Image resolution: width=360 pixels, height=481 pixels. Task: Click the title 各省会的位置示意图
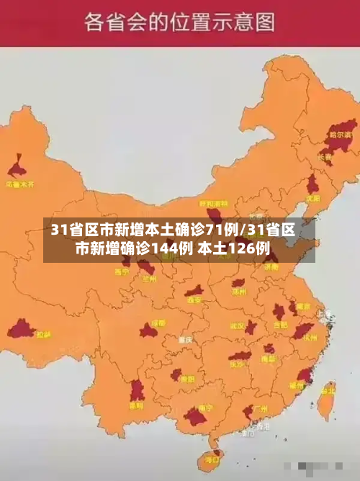(179, 22)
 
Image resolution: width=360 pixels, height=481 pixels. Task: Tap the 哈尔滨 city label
(339, 134)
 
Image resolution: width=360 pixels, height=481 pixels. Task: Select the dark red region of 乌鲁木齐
(17, 168)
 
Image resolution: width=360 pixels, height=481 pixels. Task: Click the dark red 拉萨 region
(21, 330)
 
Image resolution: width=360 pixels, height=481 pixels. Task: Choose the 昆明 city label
(135, 405)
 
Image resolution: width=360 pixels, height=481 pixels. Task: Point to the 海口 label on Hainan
(212, 458)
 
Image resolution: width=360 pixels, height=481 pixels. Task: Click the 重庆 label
(186, 338)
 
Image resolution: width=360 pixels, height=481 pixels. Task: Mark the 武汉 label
(237, 325)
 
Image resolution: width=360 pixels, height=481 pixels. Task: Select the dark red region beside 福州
(304, 375)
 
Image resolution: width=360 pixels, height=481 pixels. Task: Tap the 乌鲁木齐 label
(20, 184)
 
